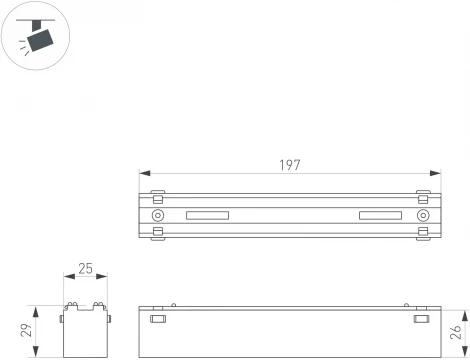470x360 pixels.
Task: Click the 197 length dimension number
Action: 290,165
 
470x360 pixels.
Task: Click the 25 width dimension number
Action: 85,269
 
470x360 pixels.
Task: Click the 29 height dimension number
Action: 28,330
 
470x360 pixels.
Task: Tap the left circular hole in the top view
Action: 158,216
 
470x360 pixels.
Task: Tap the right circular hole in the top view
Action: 423,216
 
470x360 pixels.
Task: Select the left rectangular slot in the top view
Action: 207,216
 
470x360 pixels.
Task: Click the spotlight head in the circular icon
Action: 40,39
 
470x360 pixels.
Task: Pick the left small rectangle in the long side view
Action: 157,320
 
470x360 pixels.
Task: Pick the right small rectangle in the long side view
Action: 423,320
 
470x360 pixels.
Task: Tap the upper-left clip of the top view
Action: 157,192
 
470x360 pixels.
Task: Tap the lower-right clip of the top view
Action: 423,233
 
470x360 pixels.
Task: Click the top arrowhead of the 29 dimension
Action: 36,308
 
